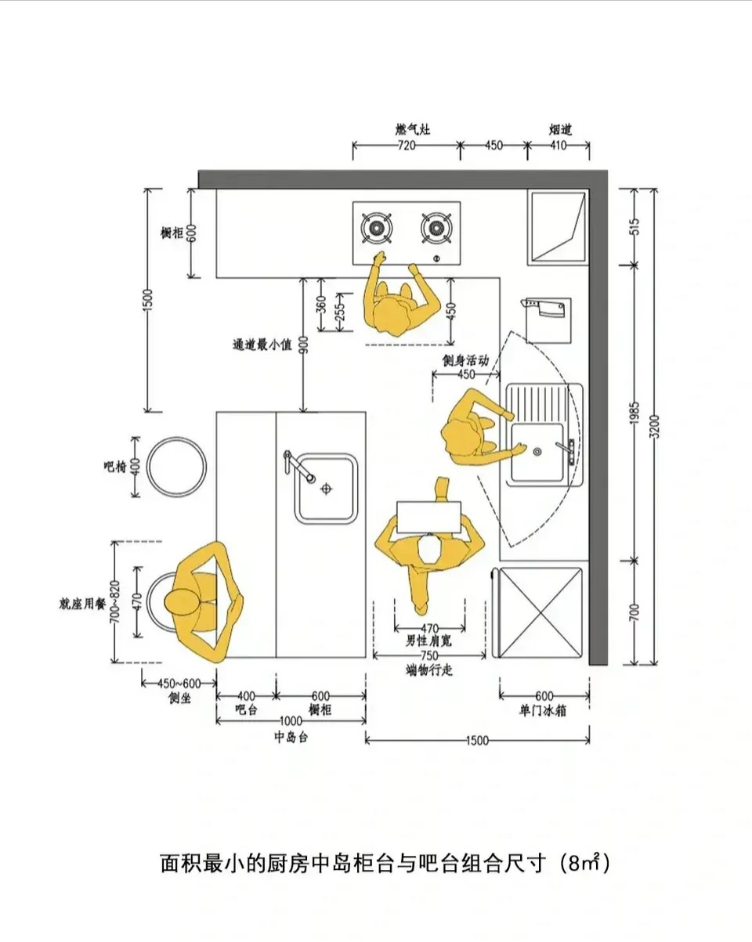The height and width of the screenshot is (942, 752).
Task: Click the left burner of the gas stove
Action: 376,228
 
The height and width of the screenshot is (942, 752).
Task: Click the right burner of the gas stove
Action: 436,228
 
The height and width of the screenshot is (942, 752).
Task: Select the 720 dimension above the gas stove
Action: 407,146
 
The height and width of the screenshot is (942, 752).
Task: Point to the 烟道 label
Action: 561,129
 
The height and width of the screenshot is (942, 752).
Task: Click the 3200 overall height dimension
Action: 655,426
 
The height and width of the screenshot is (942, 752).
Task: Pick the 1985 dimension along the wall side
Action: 634,413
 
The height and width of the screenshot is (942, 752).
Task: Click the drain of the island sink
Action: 326,489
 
